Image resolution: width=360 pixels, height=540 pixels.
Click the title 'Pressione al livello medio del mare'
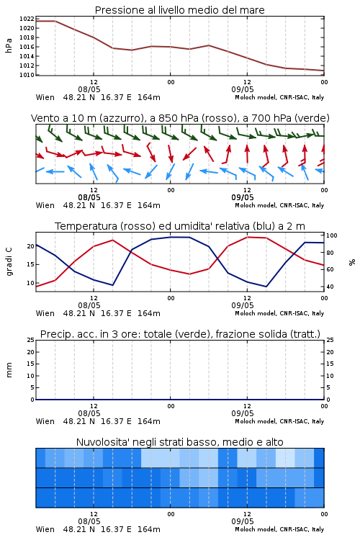[x=179, y=10]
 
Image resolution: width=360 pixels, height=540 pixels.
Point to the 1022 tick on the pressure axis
[x=27, y=19]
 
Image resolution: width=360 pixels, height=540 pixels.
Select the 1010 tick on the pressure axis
[x=27, y=75]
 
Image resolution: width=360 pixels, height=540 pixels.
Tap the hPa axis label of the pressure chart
[x=9, y=45]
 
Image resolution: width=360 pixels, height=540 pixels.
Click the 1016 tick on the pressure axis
[x=27, y=47]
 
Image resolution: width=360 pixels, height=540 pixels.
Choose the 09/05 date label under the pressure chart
[x=242, y=89]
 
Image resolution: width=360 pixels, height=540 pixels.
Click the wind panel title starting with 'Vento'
[x=180, y=118]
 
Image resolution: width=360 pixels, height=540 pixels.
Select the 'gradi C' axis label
[x=9, y=261]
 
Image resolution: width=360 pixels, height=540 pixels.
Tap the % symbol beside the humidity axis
[x=352, y=262]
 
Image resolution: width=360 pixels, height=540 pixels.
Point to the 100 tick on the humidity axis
[x=331, y=235]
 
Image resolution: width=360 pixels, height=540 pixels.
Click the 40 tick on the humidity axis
[x=330, y=287]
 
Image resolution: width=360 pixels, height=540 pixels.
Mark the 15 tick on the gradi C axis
[x=31, y=264]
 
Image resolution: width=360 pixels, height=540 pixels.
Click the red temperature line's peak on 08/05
[x=112, y=240]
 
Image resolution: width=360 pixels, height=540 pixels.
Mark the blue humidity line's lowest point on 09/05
[x=266, y=287]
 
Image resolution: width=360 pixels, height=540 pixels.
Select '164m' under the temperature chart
[x=149, y=313]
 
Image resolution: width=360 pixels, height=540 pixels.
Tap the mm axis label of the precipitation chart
[x=9, y=369]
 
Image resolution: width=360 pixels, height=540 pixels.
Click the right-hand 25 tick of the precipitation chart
[x=330, y=340]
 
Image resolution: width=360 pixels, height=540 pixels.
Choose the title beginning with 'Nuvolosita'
[x=179, y=442]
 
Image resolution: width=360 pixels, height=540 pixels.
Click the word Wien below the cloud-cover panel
[x=45, y=529]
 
